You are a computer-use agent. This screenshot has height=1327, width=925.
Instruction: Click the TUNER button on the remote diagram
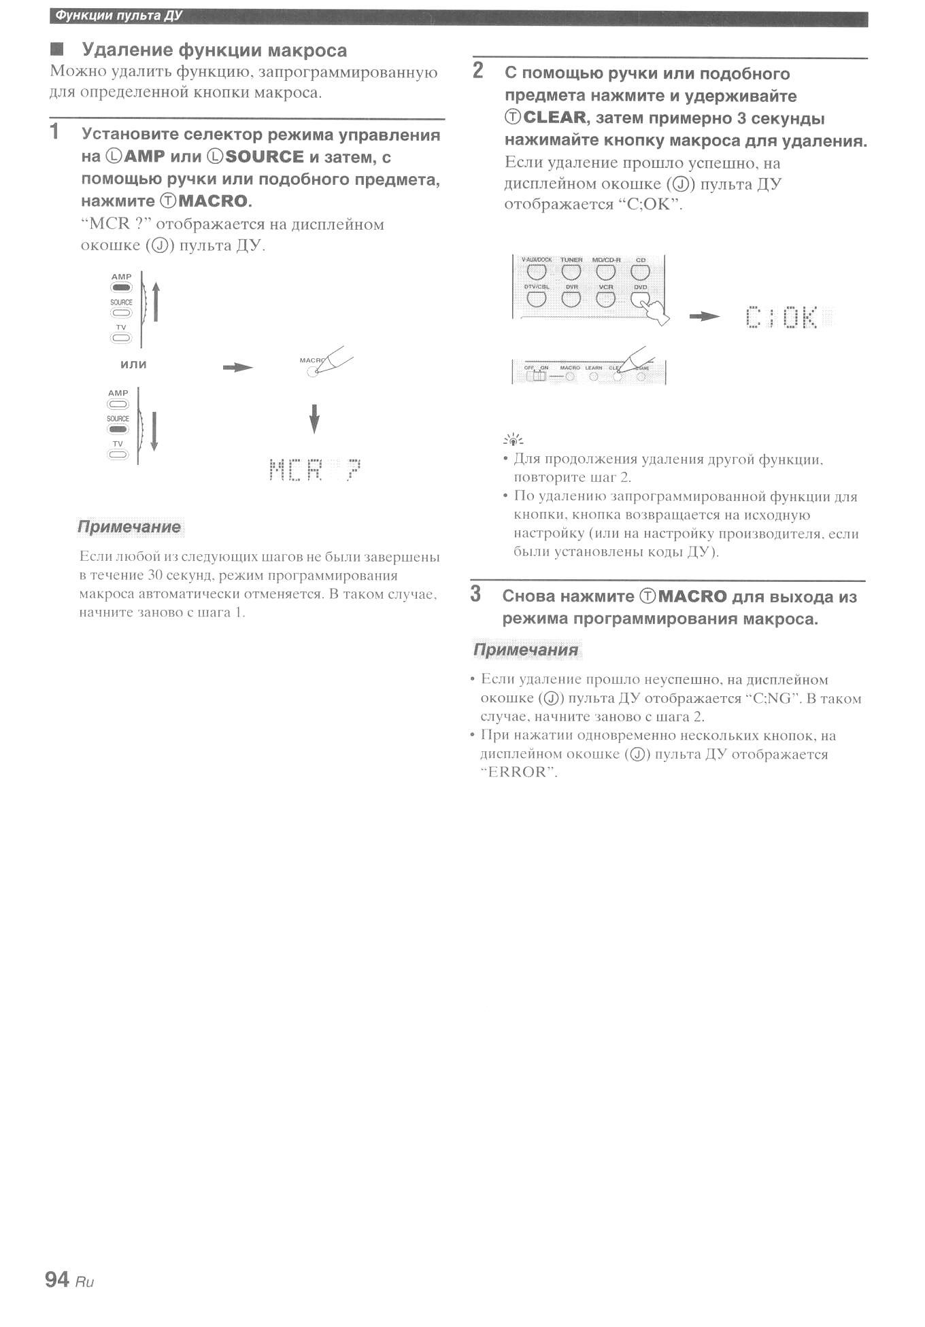571,272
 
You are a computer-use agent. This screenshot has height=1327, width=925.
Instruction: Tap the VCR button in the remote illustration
605,298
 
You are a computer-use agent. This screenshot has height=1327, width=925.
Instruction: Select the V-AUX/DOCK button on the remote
537,272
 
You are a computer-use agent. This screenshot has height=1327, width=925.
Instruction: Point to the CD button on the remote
640,272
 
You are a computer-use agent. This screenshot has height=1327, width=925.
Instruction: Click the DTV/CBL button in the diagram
537,298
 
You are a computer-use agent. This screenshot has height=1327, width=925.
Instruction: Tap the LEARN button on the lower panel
594,376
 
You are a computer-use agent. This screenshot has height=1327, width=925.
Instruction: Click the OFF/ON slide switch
536,375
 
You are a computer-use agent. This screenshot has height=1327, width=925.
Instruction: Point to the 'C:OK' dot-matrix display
782,317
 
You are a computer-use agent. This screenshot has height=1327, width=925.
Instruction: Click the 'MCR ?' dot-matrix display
315,470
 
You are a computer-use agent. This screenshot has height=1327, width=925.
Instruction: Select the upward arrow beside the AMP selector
156,302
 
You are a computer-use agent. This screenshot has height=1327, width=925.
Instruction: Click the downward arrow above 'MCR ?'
314,419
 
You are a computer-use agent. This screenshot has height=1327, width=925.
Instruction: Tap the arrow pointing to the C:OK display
704,316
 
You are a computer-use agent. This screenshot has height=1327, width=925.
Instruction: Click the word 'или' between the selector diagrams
133,364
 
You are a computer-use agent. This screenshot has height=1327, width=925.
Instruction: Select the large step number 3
476,594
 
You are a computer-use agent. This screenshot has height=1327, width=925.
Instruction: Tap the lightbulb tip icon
514,439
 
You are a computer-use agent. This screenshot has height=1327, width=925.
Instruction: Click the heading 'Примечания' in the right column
526,650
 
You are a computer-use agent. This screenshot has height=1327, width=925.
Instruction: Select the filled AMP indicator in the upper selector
122,287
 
